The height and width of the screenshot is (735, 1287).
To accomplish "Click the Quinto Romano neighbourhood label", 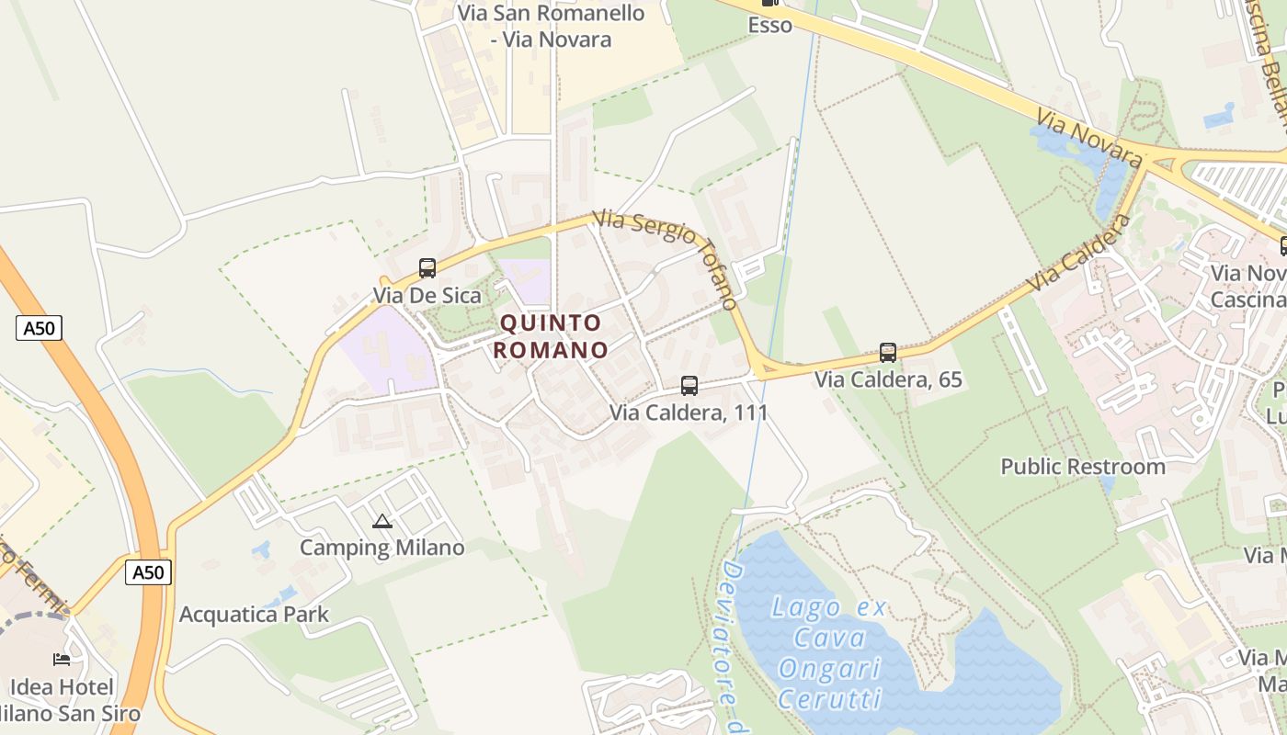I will [551, 336].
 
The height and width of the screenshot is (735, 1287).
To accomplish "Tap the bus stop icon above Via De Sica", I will [427, 268].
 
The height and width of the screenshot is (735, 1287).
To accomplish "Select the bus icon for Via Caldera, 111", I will [689, 386].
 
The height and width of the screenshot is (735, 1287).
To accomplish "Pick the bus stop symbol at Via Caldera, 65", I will [888, 352].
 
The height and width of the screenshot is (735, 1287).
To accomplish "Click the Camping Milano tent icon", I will [382, 522].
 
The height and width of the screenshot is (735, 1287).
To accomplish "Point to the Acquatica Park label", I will [254, 615].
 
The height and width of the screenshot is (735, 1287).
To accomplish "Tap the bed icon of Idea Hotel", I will [62, 660].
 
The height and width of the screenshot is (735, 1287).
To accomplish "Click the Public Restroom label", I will [1083, 467].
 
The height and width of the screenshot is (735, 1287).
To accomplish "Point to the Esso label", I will [770, 26].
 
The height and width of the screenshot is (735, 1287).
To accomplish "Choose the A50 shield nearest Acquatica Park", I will [148, 572].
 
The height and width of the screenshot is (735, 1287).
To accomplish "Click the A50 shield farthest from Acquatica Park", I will [39, 327].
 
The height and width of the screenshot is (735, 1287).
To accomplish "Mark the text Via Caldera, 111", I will [689, 413].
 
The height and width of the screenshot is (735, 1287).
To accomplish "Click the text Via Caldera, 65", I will [888, 379].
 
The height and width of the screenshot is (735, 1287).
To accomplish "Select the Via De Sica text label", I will [427, 295].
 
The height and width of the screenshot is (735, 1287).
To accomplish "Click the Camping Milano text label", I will [382, 548].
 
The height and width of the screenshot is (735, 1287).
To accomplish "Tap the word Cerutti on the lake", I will [830, 698].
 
